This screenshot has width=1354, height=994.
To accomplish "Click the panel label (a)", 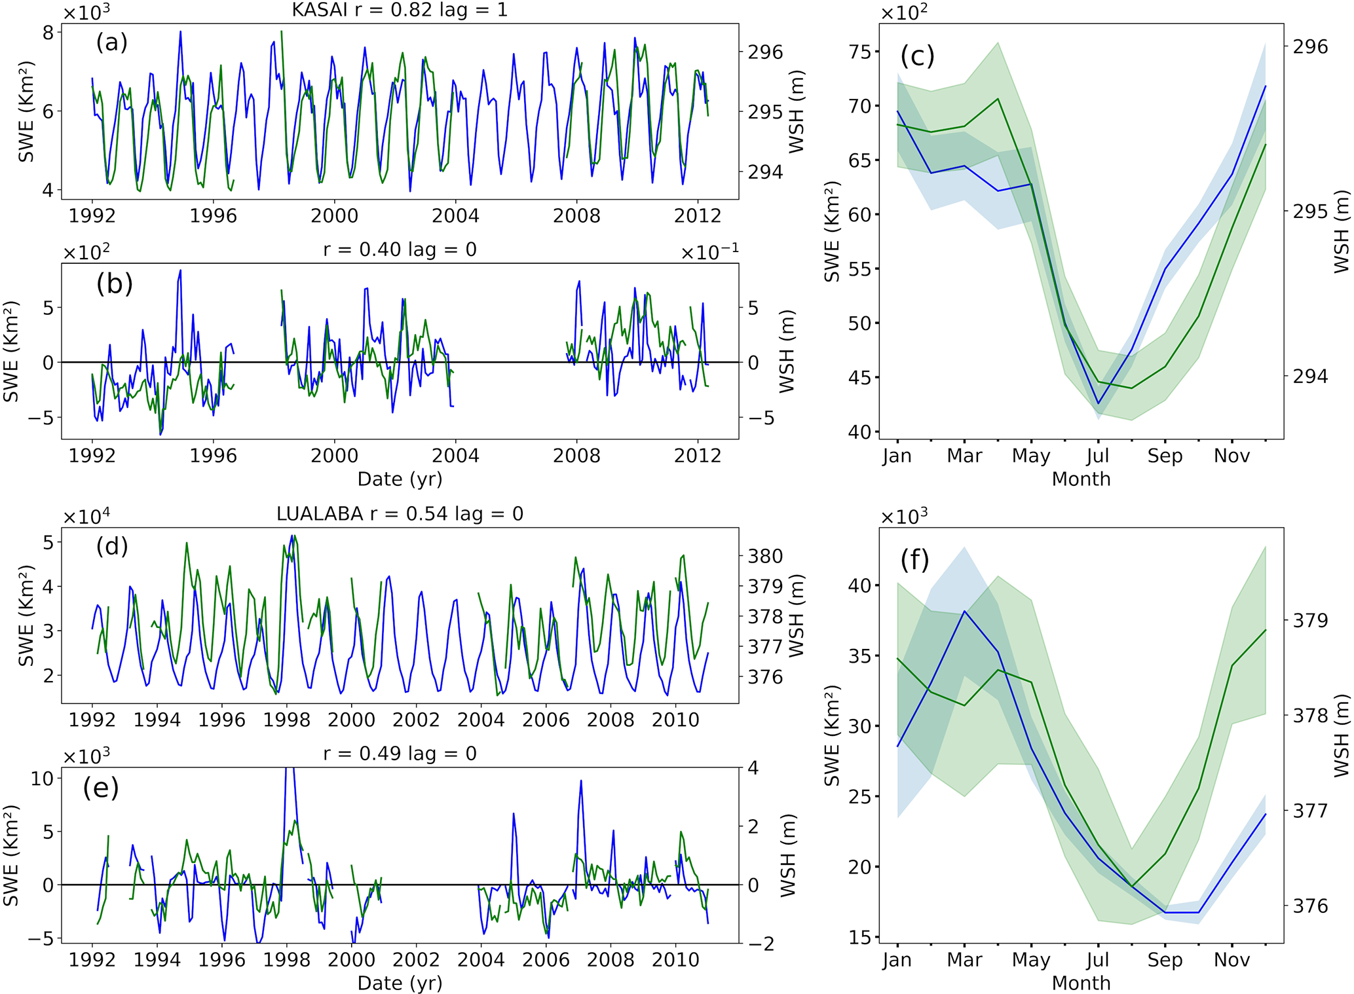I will click(111, 43).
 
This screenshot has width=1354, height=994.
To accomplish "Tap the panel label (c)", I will click(917, 56).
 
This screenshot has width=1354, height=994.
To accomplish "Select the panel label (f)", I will click(914, 561).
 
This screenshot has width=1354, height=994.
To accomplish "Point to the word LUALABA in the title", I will click(320, 514).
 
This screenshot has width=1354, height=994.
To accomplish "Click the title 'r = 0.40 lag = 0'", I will click(400, 249).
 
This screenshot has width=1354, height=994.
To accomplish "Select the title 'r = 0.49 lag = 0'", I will click(400, 754).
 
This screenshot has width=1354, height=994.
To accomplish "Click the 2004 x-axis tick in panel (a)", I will click(455, 216).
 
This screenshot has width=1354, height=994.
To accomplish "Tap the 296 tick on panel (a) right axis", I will click(765, 52).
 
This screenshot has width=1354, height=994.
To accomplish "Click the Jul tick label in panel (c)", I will click(1098, 456).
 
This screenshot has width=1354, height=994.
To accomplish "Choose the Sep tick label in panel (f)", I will click(1165, 960).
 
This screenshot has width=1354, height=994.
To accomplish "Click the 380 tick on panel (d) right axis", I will click(765, 557).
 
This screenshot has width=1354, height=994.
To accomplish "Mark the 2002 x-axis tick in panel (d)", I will click(416, 720).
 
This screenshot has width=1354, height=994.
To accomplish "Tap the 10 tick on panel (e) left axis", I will click(42, 778).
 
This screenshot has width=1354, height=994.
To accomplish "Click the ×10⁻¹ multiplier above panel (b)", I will click(709, 253).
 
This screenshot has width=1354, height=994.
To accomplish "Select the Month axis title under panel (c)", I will click(1081, 479).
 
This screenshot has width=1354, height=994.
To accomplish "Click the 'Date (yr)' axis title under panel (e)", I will click(400, 983).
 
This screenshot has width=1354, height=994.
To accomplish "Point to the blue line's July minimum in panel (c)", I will click(1099, 404).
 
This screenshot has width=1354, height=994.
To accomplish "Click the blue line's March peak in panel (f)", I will click(964, 612).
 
